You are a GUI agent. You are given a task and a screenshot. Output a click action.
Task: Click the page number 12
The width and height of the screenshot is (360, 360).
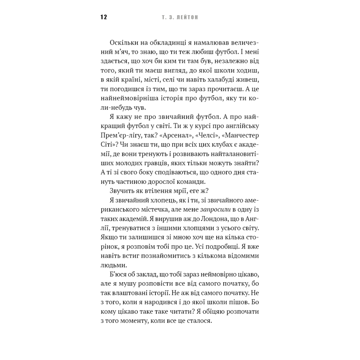point(104,17)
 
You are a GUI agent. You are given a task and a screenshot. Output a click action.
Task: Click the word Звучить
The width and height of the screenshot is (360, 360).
point(121,191)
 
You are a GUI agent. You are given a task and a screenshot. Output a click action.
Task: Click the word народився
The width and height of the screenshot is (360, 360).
point(167,302)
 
